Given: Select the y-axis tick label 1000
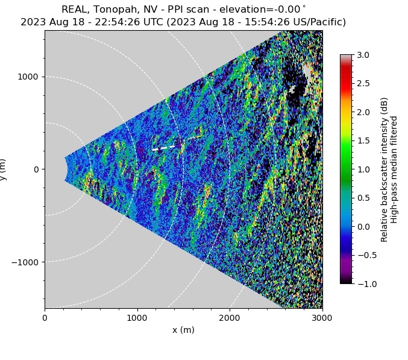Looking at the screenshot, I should (28, 77).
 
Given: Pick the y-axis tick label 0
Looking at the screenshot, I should (36, 169).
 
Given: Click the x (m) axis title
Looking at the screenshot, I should (183, 330).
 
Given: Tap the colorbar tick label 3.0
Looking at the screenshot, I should (364, 55).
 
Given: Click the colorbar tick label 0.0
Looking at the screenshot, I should (364, 226).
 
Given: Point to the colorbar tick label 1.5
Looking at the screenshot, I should (364, 141).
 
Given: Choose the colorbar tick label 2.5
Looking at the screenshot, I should (364, 83).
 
